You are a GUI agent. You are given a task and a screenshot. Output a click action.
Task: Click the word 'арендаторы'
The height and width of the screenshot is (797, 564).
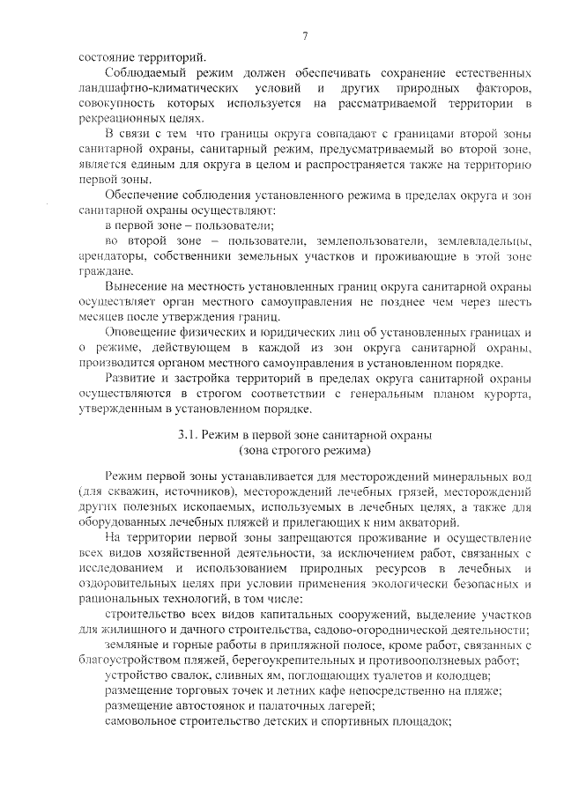(x=110, y=256)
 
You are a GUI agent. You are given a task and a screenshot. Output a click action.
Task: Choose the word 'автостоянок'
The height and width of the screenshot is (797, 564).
(x=195, y=705)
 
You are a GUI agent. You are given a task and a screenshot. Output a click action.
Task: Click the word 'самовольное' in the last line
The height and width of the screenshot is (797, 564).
(x=138, y=721)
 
